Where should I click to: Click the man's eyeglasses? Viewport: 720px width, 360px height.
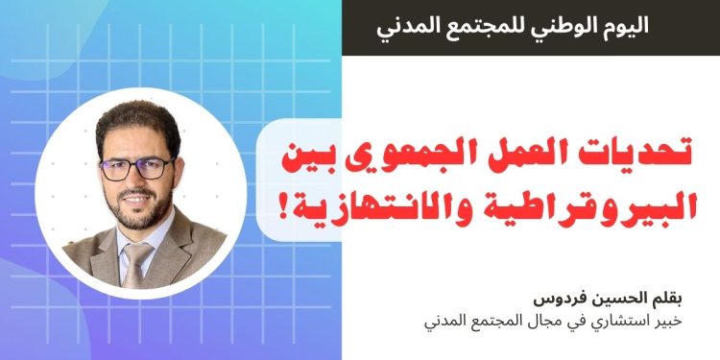(x=137, y=170)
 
